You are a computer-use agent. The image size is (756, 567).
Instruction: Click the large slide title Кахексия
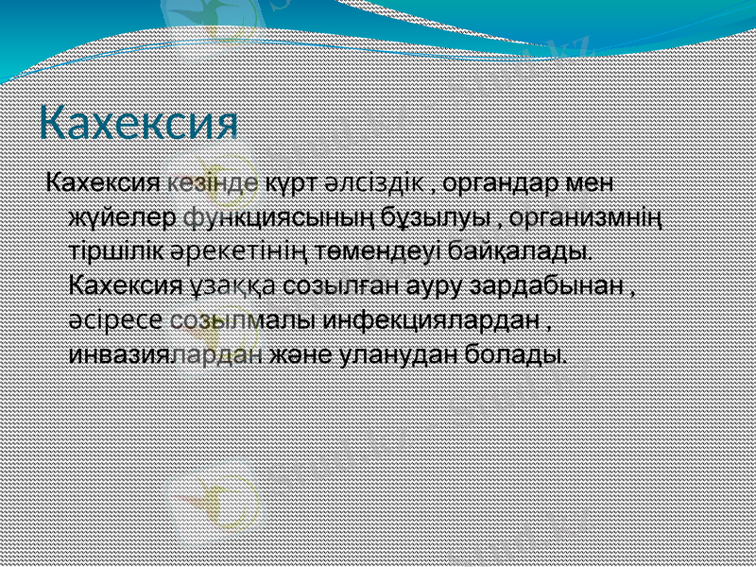coord(138,123)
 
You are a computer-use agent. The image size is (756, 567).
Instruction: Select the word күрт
coord(290,181)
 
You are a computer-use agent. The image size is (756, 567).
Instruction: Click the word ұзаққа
coord(220,285)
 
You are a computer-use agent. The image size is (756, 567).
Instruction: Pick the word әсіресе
coord(117,320)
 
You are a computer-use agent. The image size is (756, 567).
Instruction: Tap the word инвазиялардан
coord(166,355)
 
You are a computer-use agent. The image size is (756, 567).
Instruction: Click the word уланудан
coord(411,355)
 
